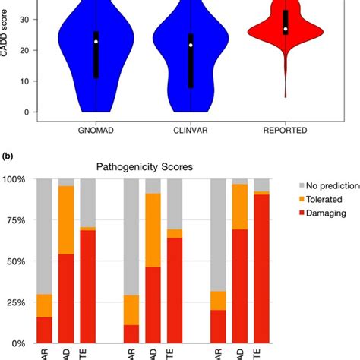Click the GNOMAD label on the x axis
point(96,131)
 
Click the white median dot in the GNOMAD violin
point(96,42)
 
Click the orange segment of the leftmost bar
point(44,305)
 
